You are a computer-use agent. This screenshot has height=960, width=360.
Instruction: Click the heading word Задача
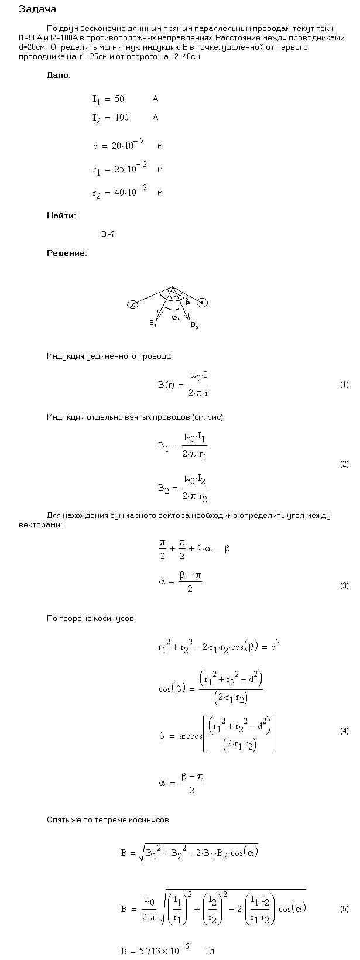point(37,9)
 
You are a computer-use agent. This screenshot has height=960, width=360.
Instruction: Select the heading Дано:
point(59,76)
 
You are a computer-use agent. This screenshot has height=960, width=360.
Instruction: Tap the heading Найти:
point(61,215)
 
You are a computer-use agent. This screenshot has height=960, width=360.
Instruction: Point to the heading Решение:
point(67,253)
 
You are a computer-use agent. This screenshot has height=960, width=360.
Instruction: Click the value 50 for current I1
point(119,100)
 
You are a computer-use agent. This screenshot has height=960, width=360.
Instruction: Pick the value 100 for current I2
point(121,118)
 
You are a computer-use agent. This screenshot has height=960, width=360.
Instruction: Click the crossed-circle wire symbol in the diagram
point(133,304)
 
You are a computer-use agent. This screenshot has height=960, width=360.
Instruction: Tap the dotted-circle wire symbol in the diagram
point(203,303)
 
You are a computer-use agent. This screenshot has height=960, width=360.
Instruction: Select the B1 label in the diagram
point(153,323)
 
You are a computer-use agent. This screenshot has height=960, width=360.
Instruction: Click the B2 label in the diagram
point(194,325)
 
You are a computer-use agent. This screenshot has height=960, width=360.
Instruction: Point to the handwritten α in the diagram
point(175,317)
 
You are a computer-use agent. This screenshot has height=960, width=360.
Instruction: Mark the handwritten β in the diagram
point(187,302)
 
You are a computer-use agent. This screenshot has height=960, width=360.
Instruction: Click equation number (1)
point(344,385)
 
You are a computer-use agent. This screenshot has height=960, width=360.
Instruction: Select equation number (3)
point(344,586)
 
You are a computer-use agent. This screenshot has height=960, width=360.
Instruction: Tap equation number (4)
point(344,731)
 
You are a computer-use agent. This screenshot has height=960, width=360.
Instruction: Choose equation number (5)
point(344,909)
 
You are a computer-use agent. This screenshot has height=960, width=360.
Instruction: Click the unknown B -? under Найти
point(108,234)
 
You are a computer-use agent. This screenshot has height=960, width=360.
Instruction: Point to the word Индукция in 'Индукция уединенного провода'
point(66,356)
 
